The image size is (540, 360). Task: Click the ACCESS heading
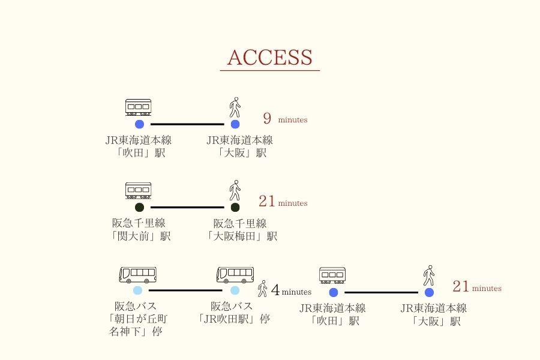pyautogui.click(x=269, y=58)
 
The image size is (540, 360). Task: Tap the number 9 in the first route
pyautogui.click(x=267, y=119)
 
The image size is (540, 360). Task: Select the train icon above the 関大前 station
pyautogui.click(x=138, y=191)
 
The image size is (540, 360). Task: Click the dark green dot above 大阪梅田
pyautogui.click(x=235, y=208)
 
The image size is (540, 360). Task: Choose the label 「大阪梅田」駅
pyautogui.click(x=242, y=236)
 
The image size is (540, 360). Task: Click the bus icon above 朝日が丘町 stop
pyautogui.click(x=137, y=275)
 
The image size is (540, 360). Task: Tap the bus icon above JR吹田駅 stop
pyautogui.click(x=235, y=275)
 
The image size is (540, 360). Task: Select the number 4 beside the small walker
pyautogui.click(x=275, y=291)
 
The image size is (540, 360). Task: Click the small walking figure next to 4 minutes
pyautogui.click(x=262, y=289)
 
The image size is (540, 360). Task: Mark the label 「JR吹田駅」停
pyautogui.click(x=234, y=319)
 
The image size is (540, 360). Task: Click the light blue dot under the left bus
pyautogui.click(x=137, y=290)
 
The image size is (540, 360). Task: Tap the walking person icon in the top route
pyautogui.click(x=235, y=107)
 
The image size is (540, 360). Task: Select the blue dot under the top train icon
pyautogui.click(x=139, y=124)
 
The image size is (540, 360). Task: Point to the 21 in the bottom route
pyautogui.click(x=461, y=286)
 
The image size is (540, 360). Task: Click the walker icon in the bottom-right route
pyautogui.click(x=428, y=275)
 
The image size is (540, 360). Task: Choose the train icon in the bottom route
pyautogui.click(x=332, y=275)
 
